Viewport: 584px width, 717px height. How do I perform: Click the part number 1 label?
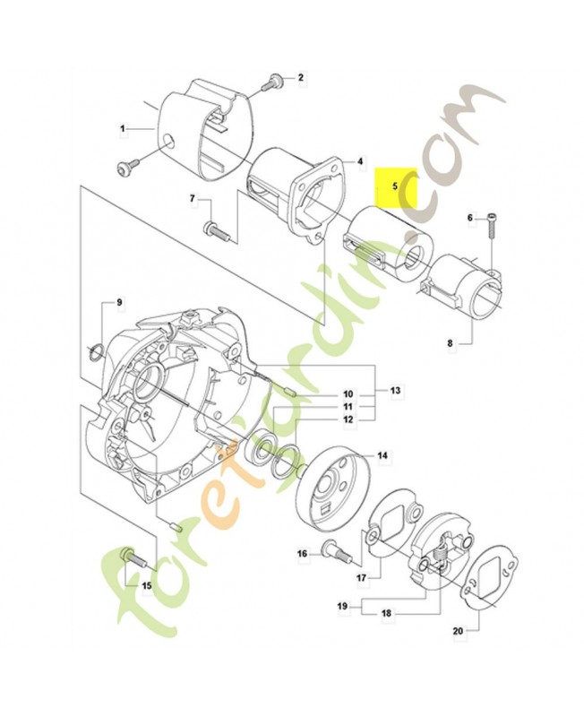pyautogui.click(x=123, y=129)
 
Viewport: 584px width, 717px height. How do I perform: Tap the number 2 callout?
pyautogui.click(x=301, y=78)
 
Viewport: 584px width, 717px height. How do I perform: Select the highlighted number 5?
pyautogui.click(x=396, y=186)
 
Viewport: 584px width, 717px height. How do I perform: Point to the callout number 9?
pyautogui.click(x=119, y=302)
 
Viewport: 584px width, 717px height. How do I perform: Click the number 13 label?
pyautogui.click(x=395, y=390)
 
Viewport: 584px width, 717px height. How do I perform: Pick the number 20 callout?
pyautogui.click(x=458, y=631)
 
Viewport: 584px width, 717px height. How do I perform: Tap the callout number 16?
pyautogui.click(x=303, y=554)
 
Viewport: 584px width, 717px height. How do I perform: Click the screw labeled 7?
pyautogui.click(x=217, y=229)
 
